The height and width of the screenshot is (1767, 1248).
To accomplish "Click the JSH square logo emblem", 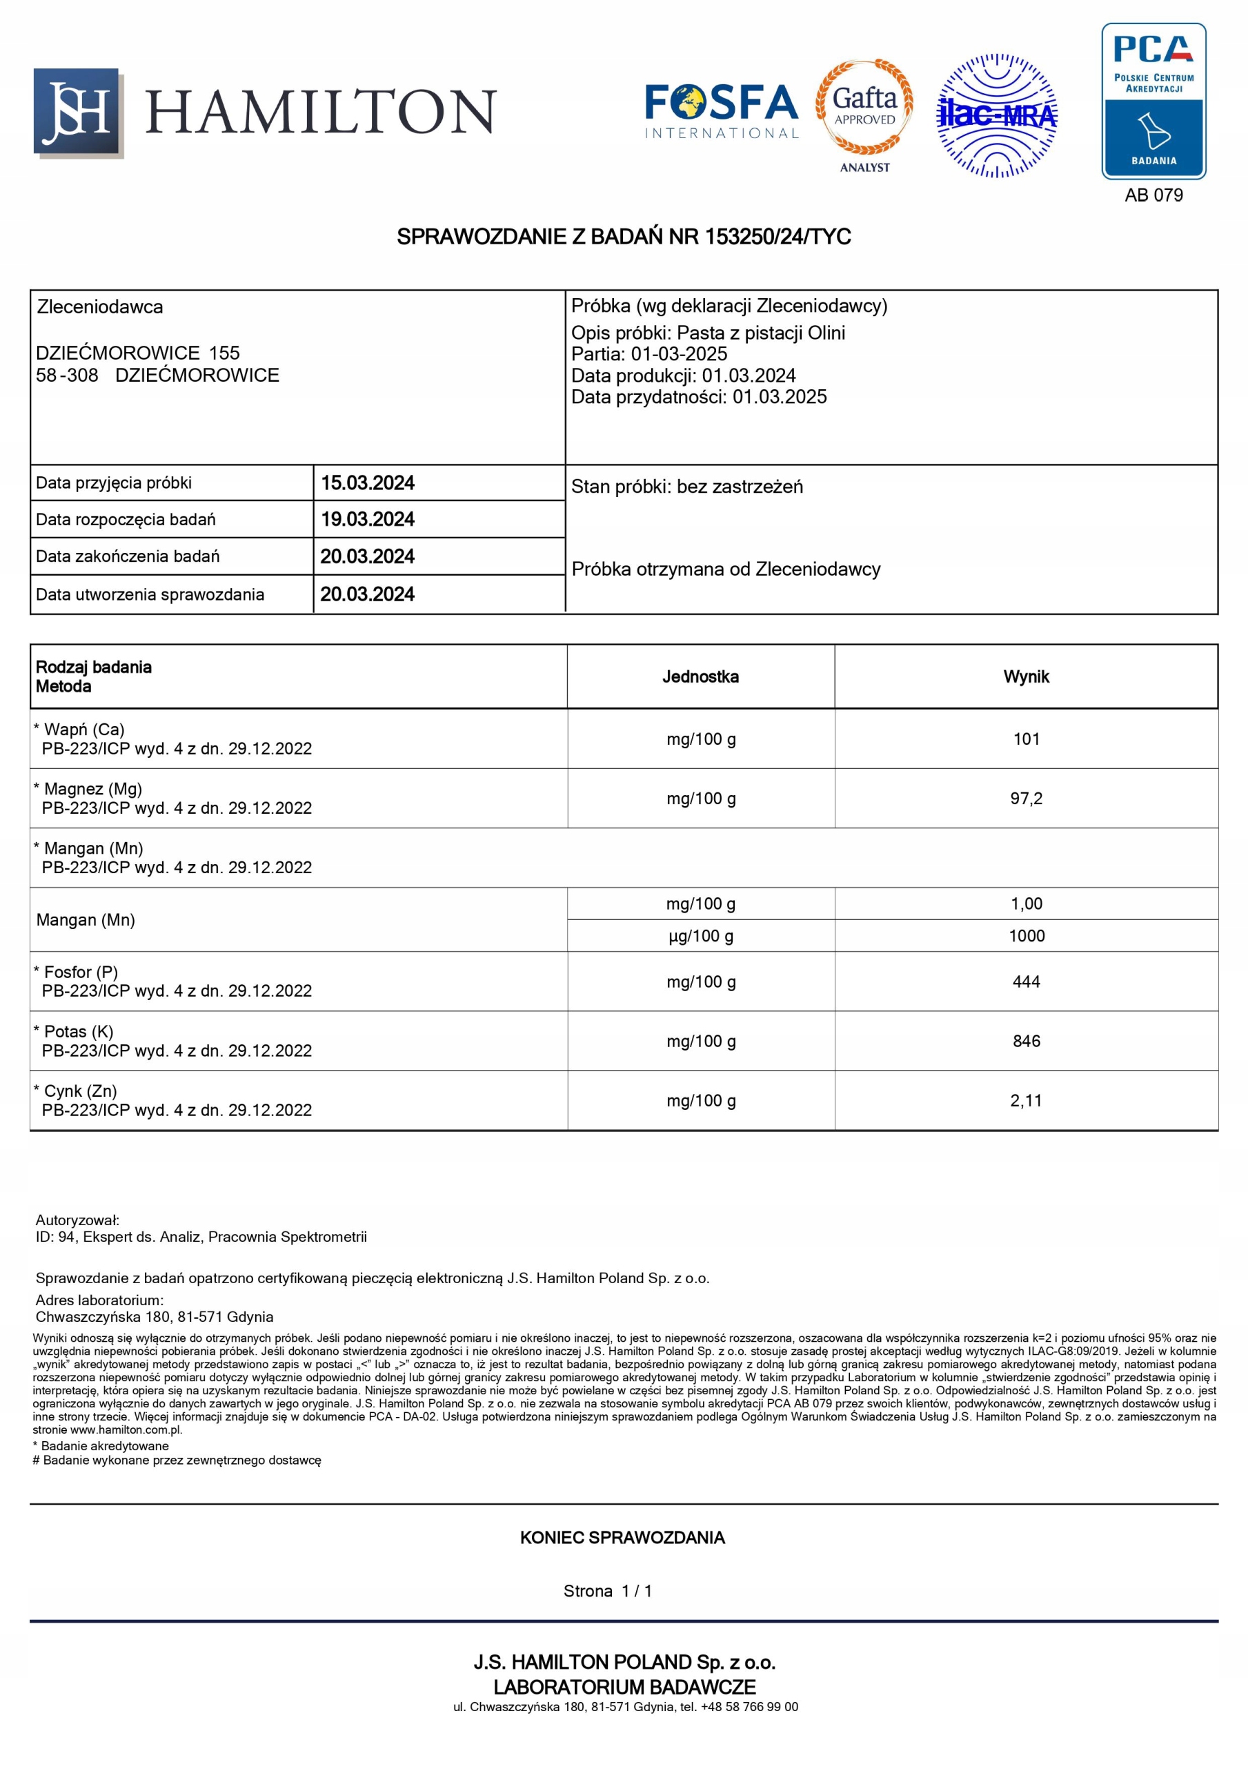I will point(77,113).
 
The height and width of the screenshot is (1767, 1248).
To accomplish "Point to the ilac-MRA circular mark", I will point(996,115).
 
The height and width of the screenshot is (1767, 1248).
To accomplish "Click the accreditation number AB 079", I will point(1153,195).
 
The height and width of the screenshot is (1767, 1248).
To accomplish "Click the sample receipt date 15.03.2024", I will point(367,483).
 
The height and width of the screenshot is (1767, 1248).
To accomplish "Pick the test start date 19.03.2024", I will point(367,520).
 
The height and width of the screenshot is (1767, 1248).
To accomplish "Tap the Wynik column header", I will point(1026,676).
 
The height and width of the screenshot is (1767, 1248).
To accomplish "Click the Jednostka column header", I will point(700,676).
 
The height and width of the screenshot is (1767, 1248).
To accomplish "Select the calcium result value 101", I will point(1026,739).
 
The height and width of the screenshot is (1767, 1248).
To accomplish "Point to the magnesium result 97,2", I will point(1026,799).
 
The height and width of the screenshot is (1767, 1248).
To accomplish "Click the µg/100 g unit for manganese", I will point(700,936).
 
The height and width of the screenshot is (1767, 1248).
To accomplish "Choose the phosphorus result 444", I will point(1026,982).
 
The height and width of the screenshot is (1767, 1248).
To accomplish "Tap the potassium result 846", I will point(1026,1042).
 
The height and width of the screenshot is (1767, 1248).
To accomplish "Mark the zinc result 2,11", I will point(1026,1100).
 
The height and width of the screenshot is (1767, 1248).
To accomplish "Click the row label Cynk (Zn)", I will point(80,1091).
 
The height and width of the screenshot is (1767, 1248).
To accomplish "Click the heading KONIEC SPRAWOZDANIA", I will point(622,1538).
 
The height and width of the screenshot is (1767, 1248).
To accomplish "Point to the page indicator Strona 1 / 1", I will point(607,1591).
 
